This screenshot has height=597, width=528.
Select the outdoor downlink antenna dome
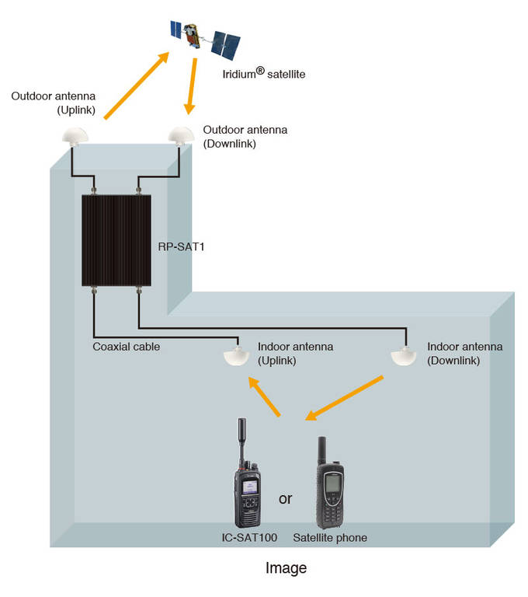[180, 135]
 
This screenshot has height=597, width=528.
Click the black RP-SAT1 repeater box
[116, 240]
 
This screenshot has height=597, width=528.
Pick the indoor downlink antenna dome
[405, 356]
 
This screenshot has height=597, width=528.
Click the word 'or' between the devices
[286, 498]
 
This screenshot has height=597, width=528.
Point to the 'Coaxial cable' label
[127, 347]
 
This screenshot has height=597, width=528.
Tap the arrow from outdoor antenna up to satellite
[137, 86]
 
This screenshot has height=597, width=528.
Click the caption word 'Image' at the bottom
[286, 568]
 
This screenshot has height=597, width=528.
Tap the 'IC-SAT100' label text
[246, 537]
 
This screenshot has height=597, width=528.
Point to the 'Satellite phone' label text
[330, 537]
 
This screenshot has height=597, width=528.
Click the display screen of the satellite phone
[332, 482]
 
